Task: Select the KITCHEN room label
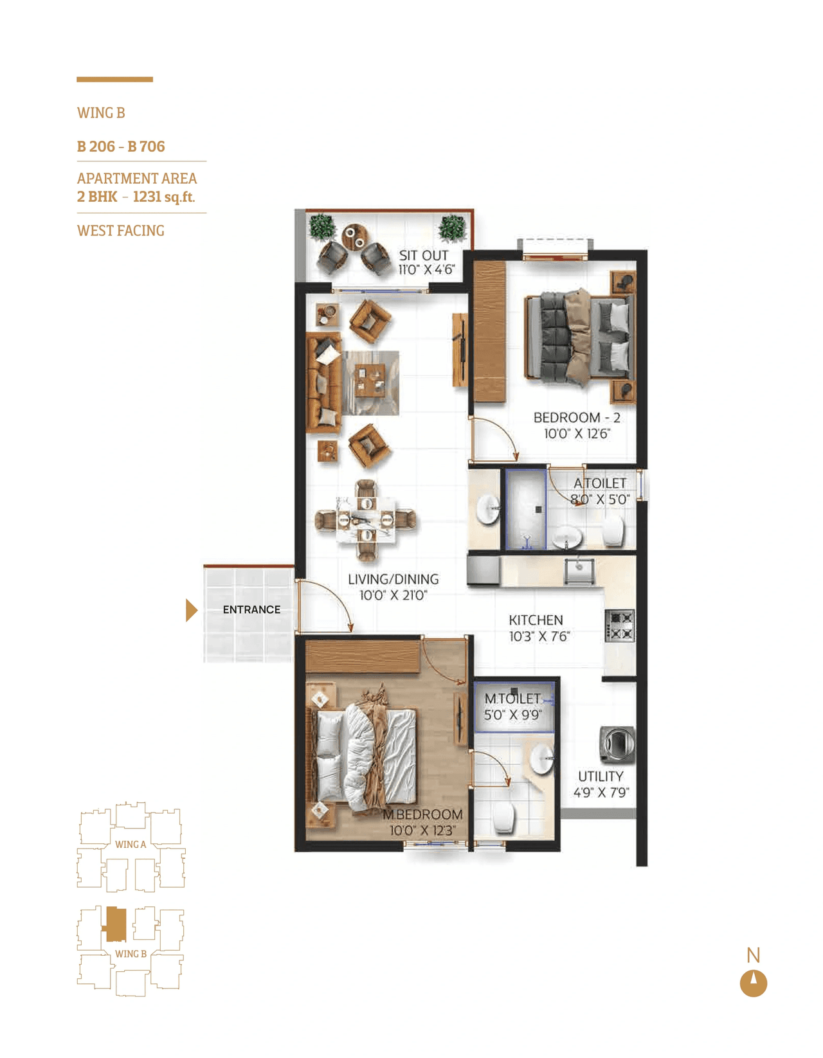(x=536, y=620)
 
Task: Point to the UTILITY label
(x=601, y=776)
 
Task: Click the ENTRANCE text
(x=251, y=609)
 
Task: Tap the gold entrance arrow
(x=191, y=610)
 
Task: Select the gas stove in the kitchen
(x=619, y=625)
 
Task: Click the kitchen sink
(x=579, y=569)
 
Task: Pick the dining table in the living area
(x=366, y=519)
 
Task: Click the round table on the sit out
(x=354, y=237)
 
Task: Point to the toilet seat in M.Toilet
(x=503, y=818)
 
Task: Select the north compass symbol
(x=754, y=983)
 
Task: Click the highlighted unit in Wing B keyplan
(x=116, y=924)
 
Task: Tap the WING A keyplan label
(x=131, y=844)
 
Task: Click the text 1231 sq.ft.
(x=163, y=197)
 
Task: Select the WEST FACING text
(x=121, y=231)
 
